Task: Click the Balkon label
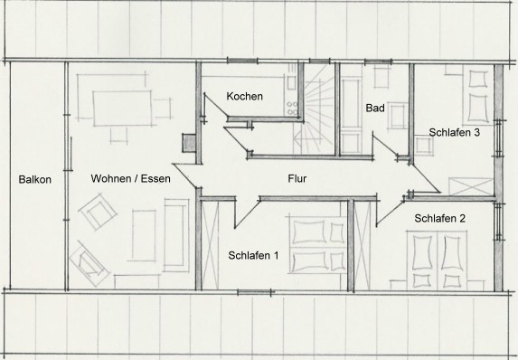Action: coord(34,179)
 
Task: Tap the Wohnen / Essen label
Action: coord(130,178)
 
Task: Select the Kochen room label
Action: coord(244,96)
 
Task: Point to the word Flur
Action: coord(297,178)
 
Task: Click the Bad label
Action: coord(375,109)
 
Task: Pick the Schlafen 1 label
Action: coord(253,256)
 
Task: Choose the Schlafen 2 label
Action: coord(439,219)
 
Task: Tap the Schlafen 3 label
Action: coord(454,133)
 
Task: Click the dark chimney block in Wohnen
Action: coord(189,143)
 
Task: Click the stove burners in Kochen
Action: coord(292,109)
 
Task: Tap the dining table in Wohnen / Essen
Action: coord(122,109)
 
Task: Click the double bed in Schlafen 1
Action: coord(317,245)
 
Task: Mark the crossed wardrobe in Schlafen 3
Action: coord(471,186)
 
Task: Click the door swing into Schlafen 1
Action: coord(247,212)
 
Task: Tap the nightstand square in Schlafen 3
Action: coord(424,146)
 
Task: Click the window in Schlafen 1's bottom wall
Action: coord(254,292)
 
